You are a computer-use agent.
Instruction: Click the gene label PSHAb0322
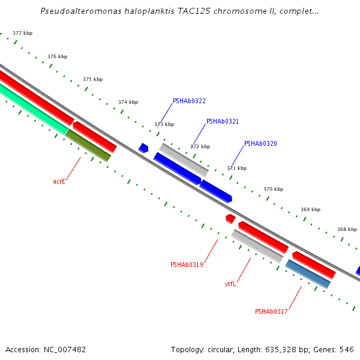click(189, 101)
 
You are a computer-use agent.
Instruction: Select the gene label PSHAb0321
click(223, 121)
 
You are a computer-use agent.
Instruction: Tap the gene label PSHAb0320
click(260, 144)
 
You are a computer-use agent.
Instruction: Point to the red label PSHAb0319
click(187, 265)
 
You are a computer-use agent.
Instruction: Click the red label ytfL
click(230, 284)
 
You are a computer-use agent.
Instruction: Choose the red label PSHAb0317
click(271, 311)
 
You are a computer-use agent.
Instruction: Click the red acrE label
click(59, 181)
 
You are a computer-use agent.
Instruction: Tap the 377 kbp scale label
click(23, 34)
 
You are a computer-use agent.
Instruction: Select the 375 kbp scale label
click(92, 79)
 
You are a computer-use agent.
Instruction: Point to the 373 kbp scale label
click(164, 124)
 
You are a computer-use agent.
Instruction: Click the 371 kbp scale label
click(236, 168)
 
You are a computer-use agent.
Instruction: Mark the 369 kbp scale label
click(310, 209)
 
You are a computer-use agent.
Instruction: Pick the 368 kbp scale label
click(347, 229)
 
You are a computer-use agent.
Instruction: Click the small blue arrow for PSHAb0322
click(143, 148)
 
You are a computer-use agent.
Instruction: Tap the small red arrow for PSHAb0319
click(230, 218)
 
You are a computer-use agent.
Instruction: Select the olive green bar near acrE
click(88, 145)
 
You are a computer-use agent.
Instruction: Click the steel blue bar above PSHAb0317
click(308, 274)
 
